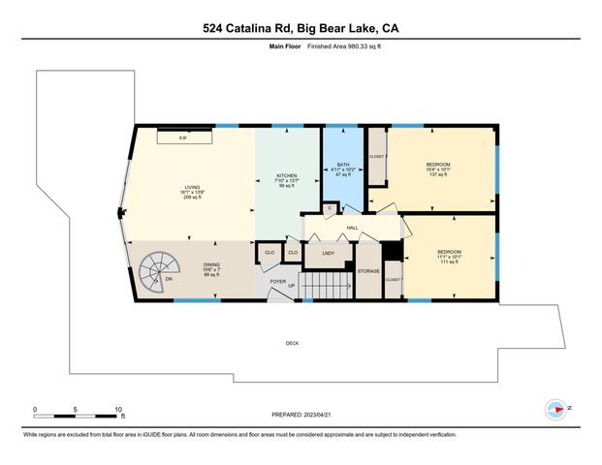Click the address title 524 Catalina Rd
click(x=301, y=28)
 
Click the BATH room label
click(x=342, y=165)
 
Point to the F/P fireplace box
click(x=182, y=139)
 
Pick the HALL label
click(x=353, y=228)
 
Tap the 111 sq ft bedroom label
click(x=449, y=257)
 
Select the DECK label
click(x=292, y=343)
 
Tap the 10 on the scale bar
click(x=117, y=410)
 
